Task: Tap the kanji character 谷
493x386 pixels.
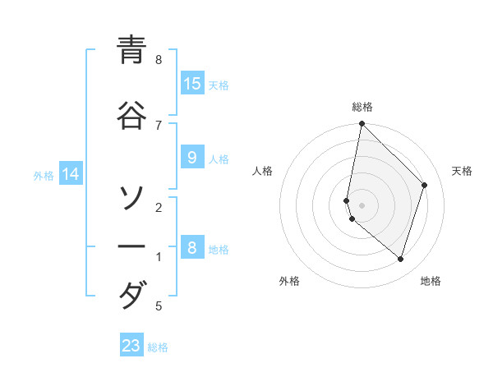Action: tap(131, 116)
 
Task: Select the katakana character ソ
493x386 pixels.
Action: tap(131, 197)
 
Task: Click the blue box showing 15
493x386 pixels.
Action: tap(192, 84)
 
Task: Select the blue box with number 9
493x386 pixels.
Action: tap(192, 159)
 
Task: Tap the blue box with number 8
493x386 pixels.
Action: tap(192, 248)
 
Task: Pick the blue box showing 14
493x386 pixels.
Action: tap(71, 174)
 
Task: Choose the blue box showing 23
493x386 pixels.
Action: tap(131, 346)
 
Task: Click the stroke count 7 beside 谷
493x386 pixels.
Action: tap(159, 125)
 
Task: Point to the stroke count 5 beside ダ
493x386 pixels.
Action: tap(159, 306)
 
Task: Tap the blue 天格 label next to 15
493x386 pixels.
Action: tap(219, 85)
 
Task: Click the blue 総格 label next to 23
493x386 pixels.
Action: tap(158, 347)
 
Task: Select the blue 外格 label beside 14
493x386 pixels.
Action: tap(44, 175)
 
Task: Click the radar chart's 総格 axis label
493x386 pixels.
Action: tap(362, 107)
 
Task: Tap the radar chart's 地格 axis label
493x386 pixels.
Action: tap(431, 281)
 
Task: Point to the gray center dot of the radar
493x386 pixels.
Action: tap(362, 205)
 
